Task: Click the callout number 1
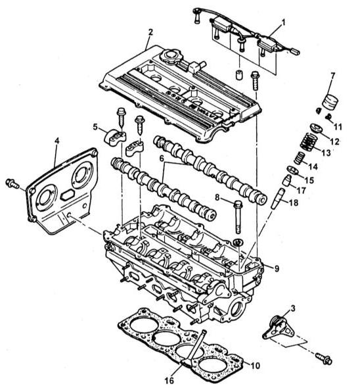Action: [283, 23]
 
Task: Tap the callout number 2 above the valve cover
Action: [150, 32]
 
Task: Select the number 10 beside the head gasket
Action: [255, 366]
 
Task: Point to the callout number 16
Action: [169, 380]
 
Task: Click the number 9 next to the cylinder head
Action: [277, 268]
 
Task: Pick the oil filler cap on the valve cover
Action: [171, 56]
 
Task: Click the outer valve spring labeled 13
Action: [308, 143]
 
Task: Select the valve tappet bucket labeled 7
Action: [330, 101]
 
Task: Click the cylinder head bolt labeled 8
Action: [238, 217]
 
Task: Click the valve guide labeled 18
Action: [278, 199]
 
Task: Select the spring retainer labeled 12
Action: [317, 128]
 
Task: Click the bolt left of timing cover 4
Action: [12, 184]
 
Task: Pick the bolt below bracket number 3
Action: [324, 358]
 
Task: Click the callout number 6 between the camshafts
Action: [162, 158]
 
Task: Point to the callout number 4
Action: [57, 141]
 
